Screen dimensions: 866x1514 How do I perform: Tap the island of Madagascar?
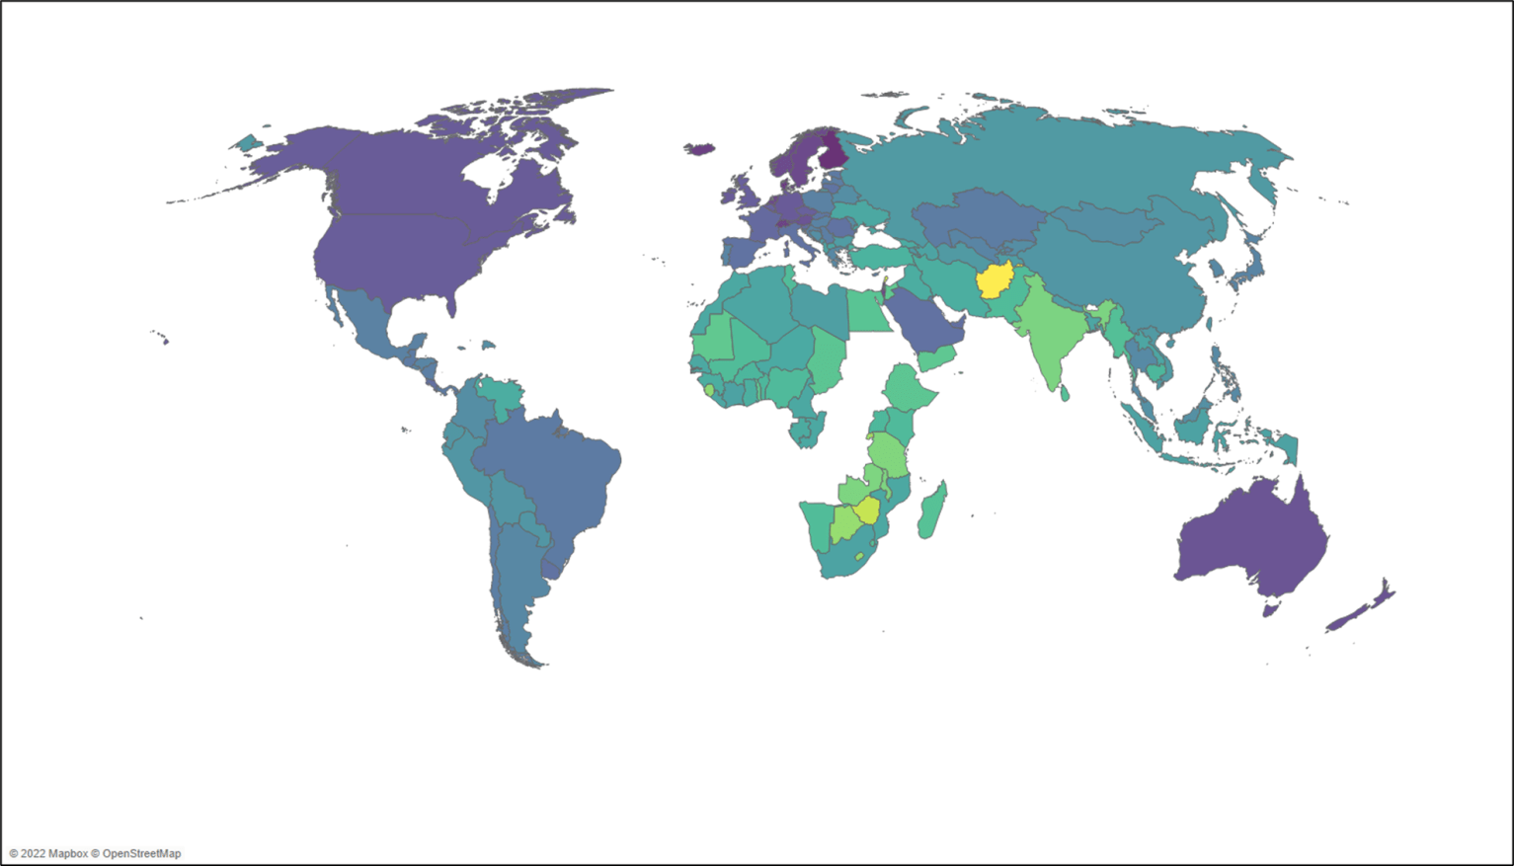coord(930,512)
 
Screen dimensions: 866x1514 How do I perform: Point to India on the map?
coord(1047,336)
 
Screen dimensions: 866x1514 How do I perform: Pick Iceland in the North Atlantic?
coord(700,150)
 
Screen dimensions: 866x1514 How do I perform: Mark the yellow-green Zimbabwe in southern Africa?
coord(867,511)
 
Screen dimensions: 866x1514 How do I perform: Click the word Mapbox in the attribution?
coord(67,853)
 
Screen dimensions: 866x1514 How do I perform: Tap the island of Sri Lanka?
coord(1065,393)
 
